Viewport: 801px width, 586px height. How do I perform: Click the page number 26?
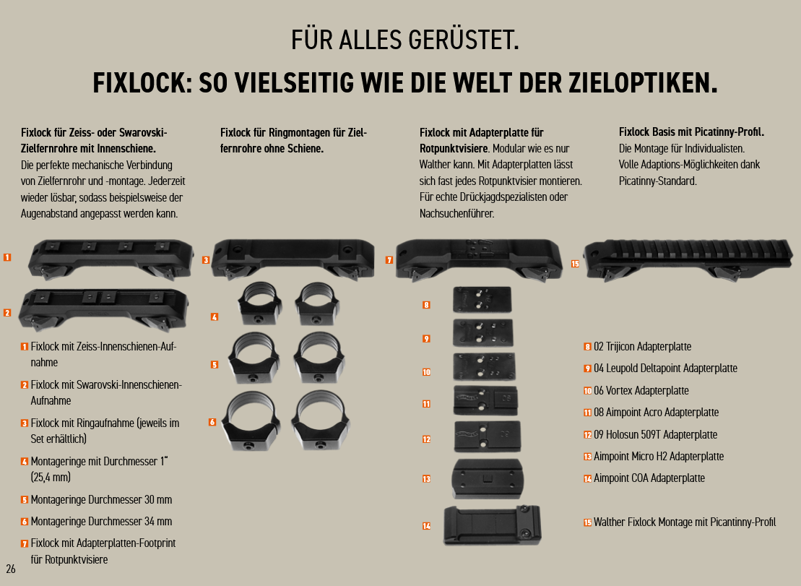[11, 569]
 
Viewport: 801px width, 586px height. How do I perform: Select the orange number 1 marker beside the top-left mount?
[7, 257]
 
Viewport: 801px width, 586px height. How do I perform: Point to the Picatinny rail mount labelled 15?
[688, 259]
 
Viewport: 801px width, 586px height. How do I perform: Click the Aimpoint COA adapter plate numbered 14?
[492, 525]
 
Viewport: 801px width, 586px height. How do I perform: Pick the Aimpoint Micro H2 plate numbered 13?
[487, 478]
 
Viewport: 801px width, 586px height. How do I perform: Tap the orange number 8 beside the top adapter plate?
[427, 305]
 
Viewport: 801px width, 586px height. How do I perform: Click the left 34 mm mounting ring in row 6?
[251, 421]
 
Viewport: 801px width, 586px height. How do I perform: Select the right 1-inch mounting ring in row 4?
[317, 303]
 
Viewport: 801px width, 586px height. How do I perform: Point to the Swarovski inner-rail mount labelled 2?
[103, 309]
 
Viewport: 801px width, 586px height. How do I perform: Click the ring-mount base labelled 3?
[293, 259]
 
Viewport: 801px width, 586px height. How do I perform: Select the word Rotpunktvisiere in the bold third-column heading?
[453, 149]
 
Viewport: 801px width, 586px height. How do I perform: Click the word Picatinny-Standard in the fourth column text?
[657, 181]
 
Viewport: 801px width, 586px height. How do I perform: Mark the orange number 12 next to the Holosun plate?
[427, 439]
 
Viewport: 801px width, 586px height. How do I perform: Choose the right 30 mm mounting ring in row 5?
[319, 358]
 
